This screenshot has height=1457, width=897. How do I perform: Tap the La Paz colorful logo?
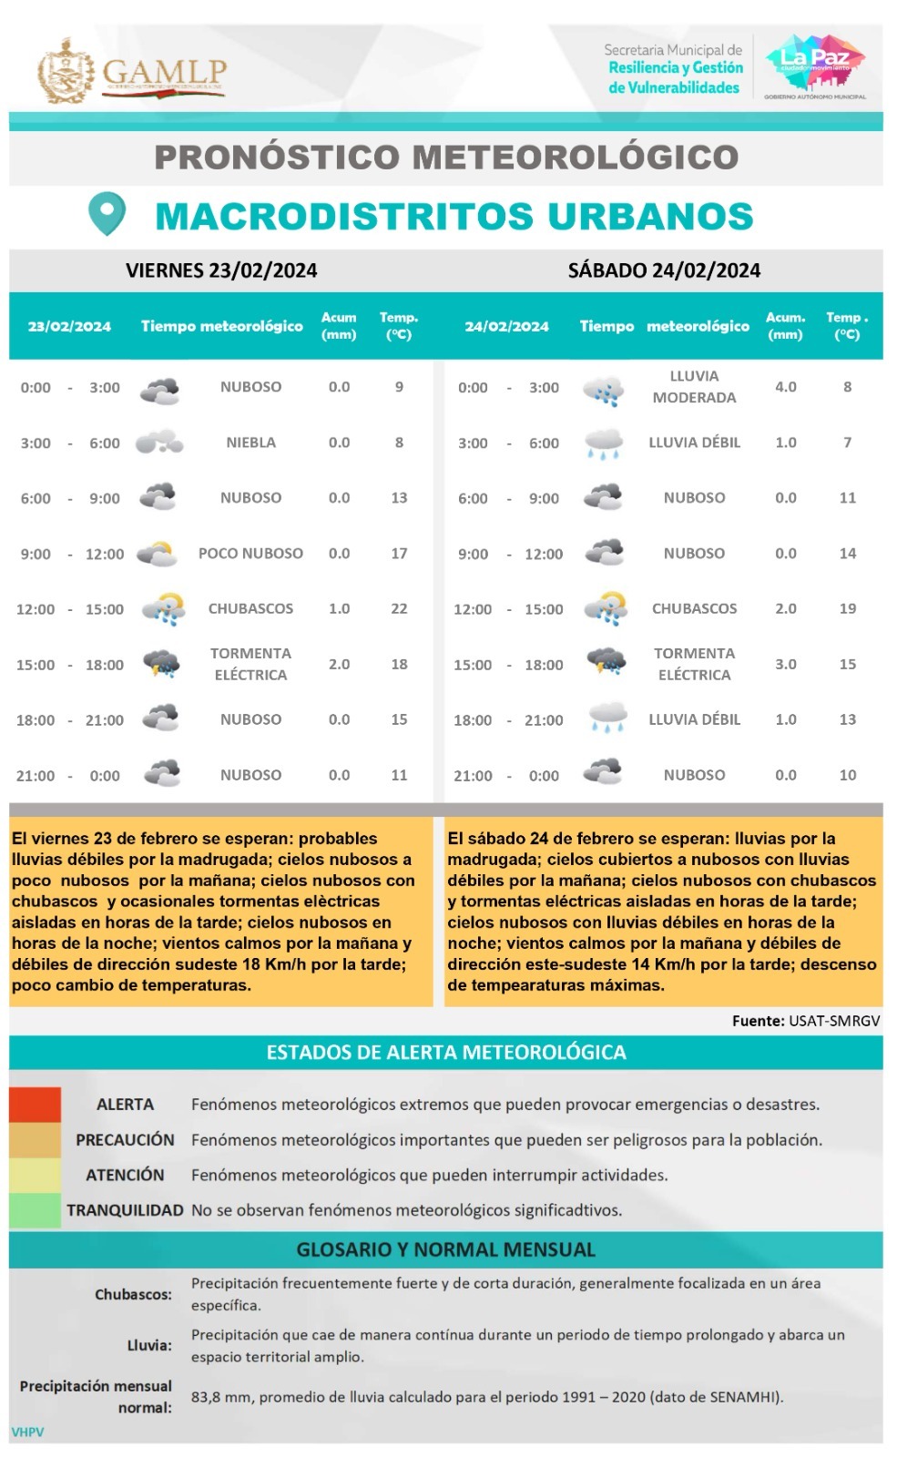click(x=815, y=62)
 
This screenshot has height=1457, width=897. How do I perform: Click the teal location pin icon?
click(x=107, y=213)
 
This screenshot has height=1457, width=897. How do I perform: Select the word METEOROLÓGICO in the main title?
click(x=576, y=157)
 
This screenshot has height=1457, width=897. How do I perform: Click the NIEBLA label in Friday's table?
click(x=250, y=443)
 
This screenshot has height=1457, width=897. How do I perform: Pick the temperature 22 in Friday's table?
click(x=399, y=608)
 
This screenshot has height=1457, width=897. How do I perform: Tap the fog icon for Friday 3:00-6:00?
click(x=159, y=443)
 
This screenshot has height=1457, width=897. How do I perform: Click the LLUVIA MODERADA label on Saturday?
click(x=694, y=387)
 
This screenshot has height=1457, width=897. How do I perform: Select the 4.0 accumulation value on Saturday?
click(x=785, y=387)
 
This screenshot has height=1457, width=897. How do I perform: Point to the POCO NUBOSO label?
click(x=250, y=553)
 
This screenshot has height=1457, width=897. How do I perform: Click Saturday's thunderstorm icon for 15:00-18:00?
click(x=606, y=663)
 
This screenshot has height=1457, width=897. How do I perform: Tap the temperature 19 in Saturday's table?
click(x=847, y=608)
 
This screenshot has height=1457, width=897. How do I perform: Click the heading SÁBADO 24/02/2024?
click(x=664, y=270)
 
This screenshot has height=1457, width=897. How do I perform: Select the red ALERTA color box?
click(x=36, y=1105)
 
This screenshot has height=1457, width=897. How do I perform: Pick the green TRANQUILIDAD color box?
click(x=36, y=1210)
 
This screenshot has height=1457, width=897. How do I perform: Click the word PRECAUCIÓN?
click(x=125, y=1139)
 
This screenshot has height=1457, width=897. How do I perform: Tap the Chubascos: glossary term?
click(x=133, y=1294)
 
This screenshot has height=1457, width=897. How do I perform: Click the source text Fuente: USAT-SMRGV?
click(x=806, y=1021)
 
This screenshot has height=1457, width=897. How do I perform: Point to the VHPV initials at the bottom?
click(x=27, y=1432)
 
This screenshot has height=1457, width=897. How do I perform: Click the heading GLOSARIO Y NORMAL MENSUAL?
click(x=446, y=1249)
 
